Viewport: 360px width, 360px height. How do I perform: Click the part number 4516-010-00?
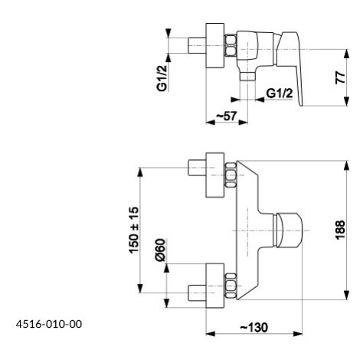tap(49, 324)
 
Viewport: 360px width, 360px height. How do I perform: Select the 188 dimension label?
tap(340, 230)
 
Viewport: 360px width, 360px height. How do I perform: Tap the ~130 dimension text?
tap(254, 327)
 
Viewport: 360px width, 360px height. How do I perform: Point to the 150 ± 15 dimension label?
tap(134, 230)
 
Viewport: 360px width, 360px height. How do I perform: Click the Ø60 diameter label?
tap(160, 250)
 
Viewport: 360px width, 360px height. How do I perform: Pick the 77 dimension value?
tap(340, 77)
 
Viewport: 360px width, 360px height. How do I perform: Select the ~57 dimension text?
tap(227, 116)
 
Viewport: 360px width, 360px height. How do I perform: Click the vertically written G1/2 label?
tap(162, 78)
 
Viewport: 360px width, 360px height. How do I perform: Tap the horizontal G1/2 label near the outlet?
tap(280, 93)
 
